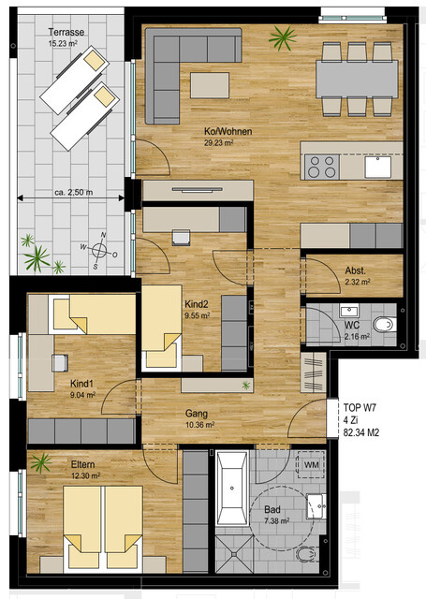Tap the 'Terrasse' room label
click(x=66, y=32)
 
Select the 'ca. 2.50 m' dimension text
click(x=72, y=192)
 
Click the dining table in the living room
click(x=357, y=79)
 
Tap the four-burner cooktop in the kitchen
click(x=322, y=167)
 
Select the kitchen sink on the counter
click(x=384, y=167)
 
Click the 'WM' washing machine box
click(x=310, y=464)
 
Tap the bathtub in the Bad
click(x=231, y=489)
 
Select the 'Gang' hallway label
click(x=197, y=414)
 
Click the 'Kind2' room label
click(x=197, y=305)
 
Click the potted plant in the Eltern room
click(x=40, y=461)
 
